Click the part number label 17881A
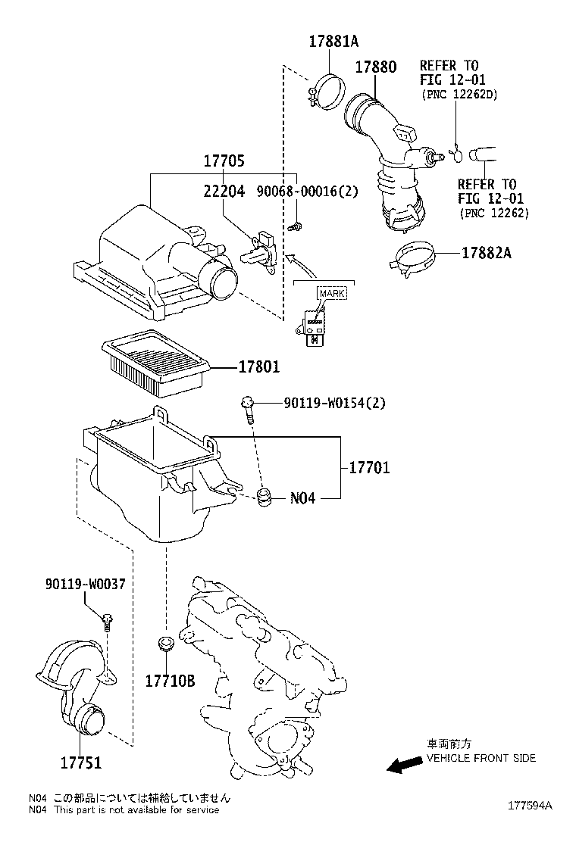coord(332,42)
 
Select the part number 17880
coord(375,67)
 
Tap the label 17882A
coord(486,253)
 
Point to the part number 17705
coord(224,161)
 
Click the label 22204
coord(224,192)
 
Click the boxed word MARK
coord(330,293)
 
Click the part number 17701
coord(369,468)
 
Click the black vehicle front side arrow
coord(405,766)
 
